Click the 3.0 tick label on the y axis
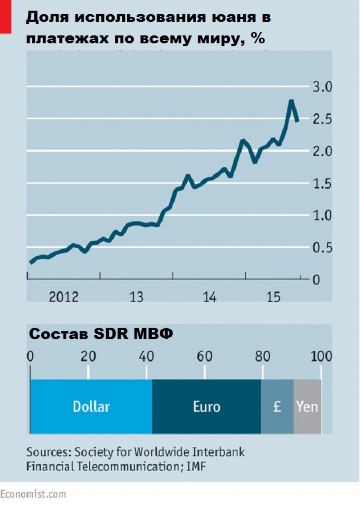pyautogui.click(x=322, y=87)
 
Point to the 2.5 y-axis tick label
pyautogui.click(x=322, y=119)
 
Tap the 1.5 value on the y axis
pyautogui.click(x=322, y=184)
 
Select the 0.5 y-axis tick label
pyautogui.click(x=322, y=248)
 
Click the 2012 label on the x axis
pyautogui.click(x=64, y=296)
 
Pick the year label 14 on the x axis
pyautogui.click(x=209, y=296)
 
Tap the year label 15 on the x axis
pyautogui.click(x=273, y=296)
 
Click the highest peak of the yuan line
pyautogui.click(x=291, y=102)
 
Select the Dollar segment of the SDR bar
pyautogui.click(x=91, y=406)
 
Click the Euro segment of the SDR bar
pyautogui.click(x=206, y=406)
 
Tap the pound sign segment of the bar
pyautogui.click(x=277, y=406)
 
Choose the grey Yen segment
pyautogui.click(x=307, y=406)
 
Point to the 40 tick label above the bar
pyautogui.click(x=146, y=357)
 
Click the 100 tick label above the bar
pyautogui.click(x=321, y=357)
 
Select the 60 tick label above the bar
pyautogui.click(x=204, y=357)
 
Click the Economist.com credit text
pyautogui.click(x=33, y=494)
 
